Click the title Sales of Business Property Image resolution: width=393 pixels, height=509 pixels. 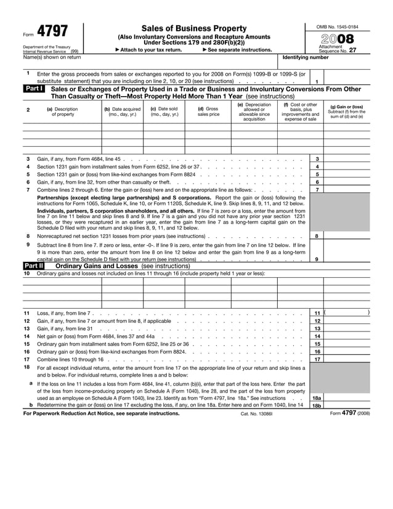(193, 28)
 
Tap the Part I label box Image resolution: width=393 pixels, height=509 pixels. (33, 89)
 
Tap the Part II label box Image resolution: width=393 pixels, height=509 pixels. (33, 266)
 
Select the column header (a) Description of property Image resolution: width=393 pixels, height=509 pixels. (62, 112)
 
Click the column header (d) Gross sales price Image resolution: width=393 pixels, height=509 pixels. (208, 112)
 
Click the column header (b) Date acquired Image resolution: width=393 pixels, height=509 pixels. (122, 112)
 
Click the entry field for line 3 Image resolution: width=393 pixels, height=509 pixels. (347, 159)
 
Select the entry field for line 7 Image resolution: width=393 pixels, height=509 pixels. (347, 190)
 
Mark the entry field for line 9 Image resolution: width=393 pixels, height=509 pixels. (347, 259)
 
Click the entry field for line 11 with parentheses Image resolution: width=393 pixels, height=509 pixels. (347, 313)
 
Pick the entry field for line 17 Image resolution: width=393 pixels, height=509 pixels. (347, 359)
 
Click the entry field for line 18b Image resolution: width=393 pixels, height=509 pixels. (347, 405)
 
